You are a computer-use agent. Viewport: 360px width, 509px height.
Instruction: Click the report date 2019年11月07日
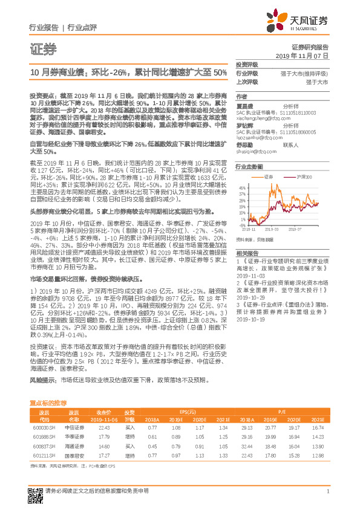point(306,55)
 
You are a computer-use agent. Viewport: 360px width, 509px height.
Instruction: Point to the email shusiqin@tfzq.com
point(254,152)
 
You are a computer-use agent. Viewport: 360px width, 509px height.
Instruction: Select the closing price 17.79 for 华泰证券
point(103,436)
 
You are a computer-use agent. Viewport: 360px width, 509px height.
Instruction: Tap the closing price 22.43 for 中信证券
point(103,427)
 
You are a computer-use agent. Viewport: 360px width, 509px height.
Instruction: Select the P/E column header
point(281,410)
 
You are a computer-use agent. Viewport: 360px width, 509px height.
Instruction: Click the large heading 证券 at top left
point(42,48)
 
